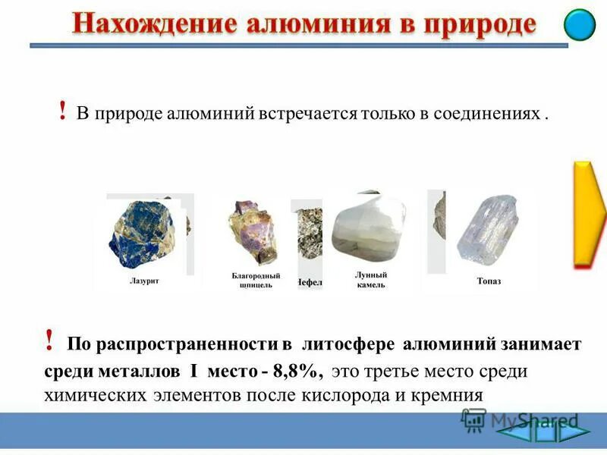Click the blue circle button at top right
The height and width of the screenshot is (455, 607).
(580, 24)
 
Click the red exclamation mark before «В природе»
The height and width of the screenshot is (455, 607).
(61, 111)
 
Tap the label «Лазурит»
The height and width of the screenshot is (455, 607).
(144, 281)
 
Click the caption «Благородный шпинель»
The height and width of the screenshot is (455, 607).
(256, 281)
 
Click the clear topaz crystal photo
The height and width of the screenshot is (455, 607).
(486, 227)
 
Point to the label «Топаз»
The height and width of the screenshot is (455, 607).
(489, 281)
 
